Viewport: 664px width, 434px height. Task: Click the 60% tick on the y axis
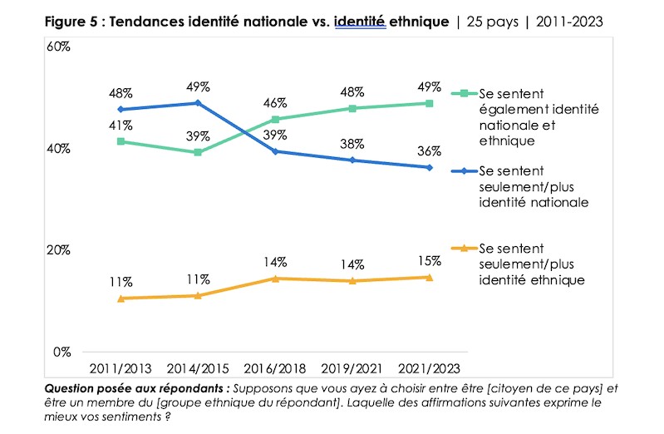[58, 47]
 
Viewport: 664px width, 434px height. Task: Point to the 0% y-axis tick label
[61, 352]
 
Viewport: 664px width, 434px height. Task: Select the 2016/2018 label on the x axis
[274, 367]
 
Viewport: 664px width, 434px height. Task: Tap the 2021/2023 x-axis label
[429, 367]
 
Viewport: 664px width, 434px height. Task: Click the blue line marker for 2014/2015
[198, 103]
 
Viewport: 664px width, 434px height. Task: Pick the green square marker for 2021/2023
[430, 103]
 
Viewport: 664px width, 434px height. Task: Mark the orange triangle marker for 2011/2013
[121, 298]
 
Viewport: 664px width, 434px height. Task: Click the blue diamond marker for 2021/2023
[430, 168]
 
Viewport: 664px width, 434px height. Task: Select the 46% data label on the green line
[275, 103]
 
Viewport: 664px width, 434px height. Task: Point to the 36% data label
[430, 150]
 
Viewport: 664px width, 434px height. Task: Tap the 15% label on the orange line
[430, 260]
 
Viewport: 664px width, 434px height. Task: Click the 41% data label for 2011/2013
[121, 126]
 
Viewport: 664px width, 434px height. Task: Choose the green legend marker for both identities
[465, 92]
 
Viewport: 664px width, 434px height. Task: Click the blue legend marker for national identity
[465, 171]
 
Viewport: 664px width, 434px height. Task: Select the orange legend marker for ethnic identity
[465, 249]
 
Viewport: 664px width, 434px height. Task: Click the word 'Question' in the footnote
[73, 388]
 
